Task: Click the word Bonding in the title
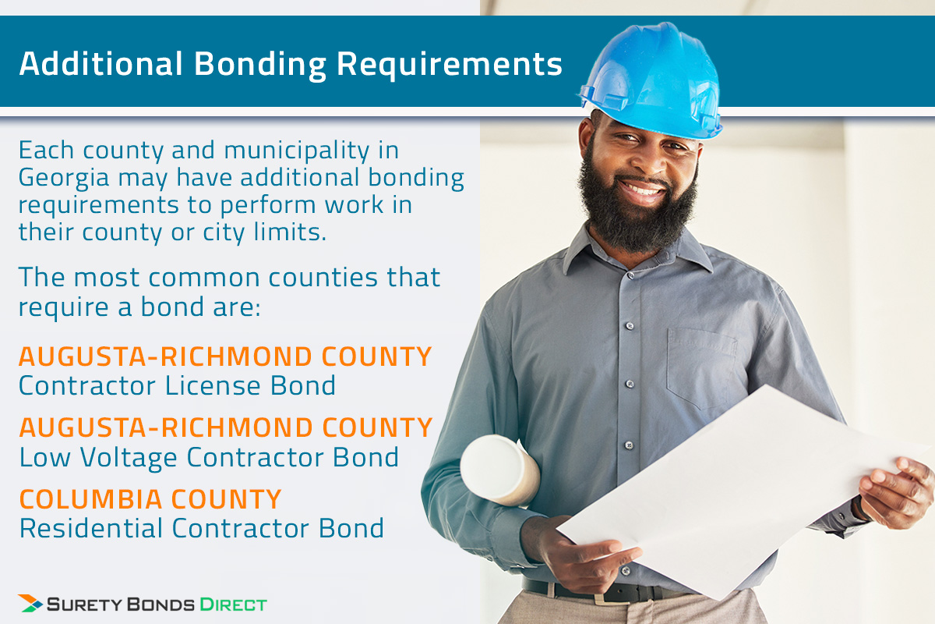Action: pos(260,65)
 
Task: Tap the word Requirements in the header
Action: pos(450,65)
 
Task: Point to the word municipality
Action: pos(297,151)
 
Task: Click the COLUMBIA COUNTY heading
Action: pos(150,499)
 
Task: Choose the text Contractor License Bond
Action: pos(178,385)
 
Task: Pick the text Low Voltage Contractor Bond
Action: pos(209,458)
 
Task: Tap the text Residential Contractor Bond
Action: pos(202,528)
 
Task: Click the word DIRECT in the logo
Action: pos(233,604)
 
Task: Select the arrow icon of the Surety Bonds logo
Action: pos(30,604)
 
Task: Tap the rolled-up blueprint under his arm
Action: pos(499,470)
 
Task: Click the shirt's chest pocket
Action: pos(702,368)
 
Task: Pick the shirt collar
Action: pos(634,251)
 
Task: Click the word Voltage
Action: pos(129,458)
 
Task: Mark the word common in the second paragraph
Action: pos(204,278)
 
